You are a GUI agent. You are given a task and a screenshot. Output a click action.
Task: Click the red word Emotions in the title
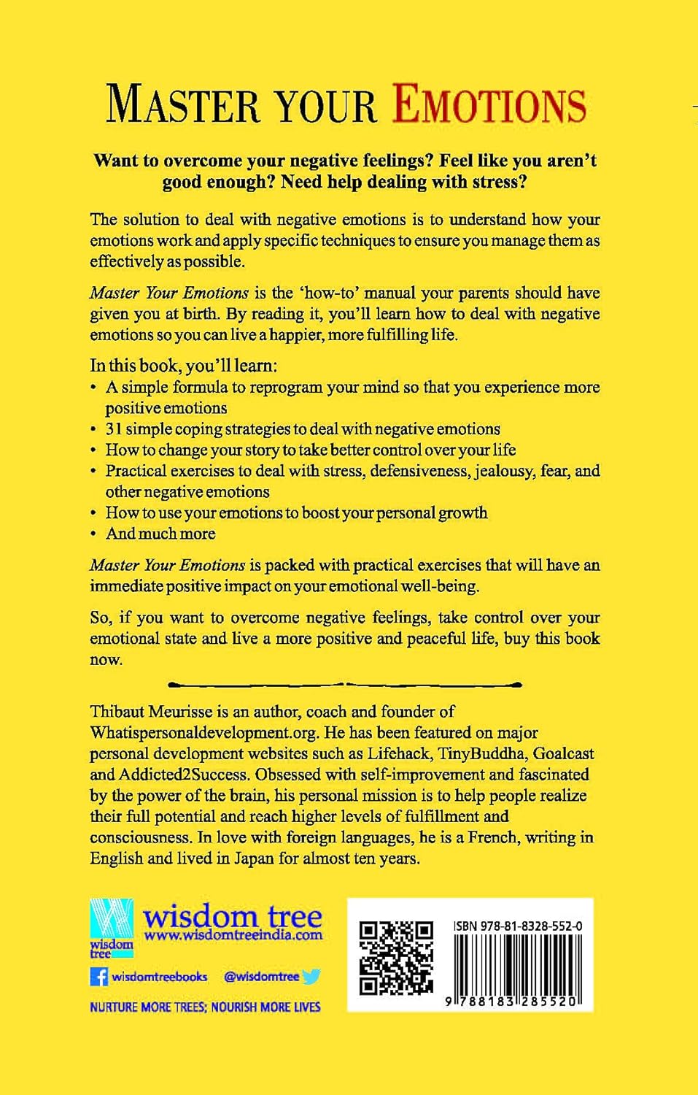489,104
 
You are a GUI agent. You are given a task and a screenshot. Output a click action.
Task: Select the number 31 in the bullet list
114,429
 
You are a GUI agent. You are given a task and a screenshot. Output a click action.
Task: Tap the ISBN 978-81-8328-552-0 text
518,926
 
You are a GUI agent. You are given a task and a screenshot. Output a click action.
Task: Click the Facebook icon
98,977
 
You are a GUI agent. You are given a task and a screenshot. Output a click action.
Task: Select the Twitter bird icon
311,977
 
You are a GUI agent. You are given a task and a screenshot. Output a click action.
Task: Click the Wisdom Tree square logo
111,927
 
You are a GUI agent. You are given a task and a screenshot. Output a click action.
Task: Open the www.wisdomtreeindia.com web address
233,935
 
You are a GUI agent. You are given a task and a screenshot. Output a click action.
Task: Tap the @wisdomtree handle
261,977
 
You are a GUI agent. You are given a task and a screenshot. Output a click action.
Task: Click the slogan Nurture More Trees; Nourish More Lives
205,1007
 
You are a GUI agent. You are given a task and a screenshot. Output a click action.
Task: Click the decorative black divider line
344,685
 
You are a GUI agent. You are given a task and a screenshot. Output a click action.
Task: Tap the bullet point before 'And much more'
93,534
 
